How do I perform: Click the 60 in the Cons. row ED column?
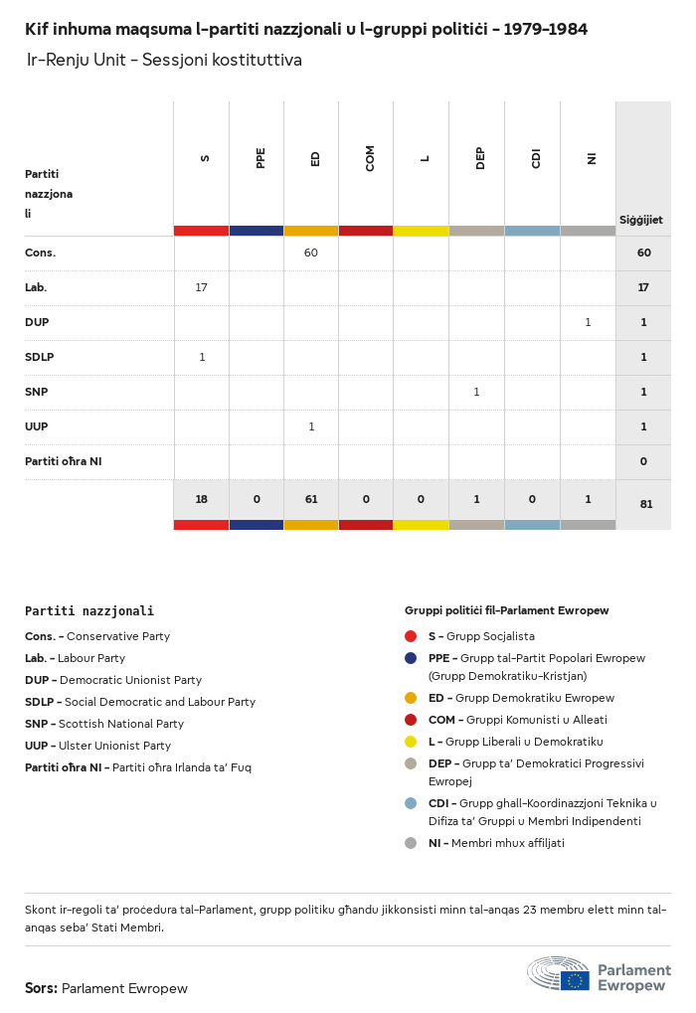click(x=311, y=253)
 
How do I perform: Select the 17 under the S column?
click(x=202, y=287)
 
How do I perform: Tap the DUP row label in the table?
click(x=37, y=322)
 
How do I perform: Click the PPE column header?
click(x=261, y=158)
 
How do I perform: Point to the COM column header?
click(x=370, y=158)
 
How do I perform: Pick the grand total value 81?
click(x=645, y=504)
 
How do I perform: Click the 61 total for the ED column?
click(x=311, y=499)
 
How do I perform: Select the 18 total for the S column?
click(x=202, y=499)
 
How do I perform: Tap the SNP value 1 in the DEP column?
click(x=476, y=392)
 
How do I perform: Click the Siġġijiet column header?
click(x=641, y=220)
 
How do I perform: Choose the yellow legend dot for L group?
click(x=411, y=741)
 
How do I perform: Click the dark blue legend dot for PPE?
click(x=411, y=658)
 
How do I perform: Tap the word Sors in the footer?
click(x=41, y=988)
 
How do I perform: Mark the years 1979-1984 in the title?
click(x=545, y=30)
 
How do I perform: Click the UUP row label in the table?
click(x=37, y=426)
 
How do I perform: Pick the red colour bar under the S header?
click(x=202, y=231)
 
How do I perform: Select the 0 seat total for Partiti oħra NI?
click(x=643, y=461)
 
